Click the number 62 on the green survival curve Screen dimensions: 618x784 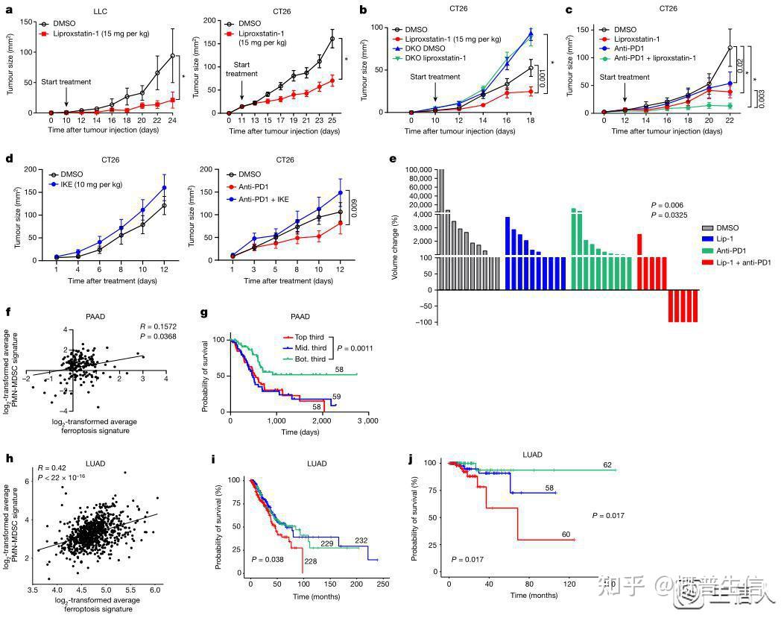click(608, 464)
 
